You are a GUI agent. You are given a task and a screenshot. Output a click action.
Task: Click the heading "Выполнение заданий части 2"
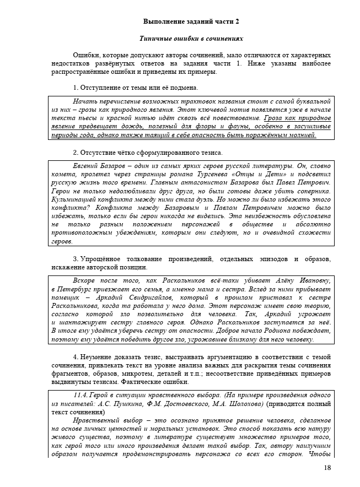point(191,21)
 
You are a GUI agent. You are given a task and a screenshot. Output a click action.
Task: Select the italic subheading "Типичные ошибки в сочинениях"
point(191,39)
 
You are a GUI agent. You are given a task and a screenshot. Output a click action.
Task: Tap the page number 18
point(327,468)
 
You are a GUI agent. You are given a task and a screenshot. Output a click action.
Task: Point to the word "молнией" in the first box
point(301,135)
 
